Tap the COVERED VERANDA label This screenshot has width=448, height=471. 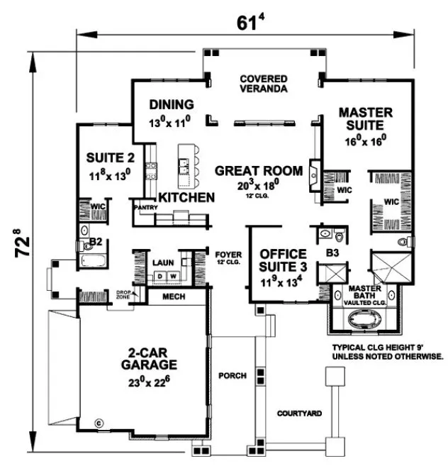tap(263, 84)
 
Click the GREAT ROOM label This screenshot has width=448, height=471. tap(259, 171)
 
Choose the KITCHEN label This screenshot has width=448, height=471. tap(186, 196)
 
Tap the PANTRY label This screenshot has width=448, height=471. tap(145, 207)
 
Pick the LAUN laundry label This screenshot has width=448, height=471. tap(162, 261)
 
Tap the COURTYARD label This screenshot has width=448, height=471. tap(300, 412)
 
